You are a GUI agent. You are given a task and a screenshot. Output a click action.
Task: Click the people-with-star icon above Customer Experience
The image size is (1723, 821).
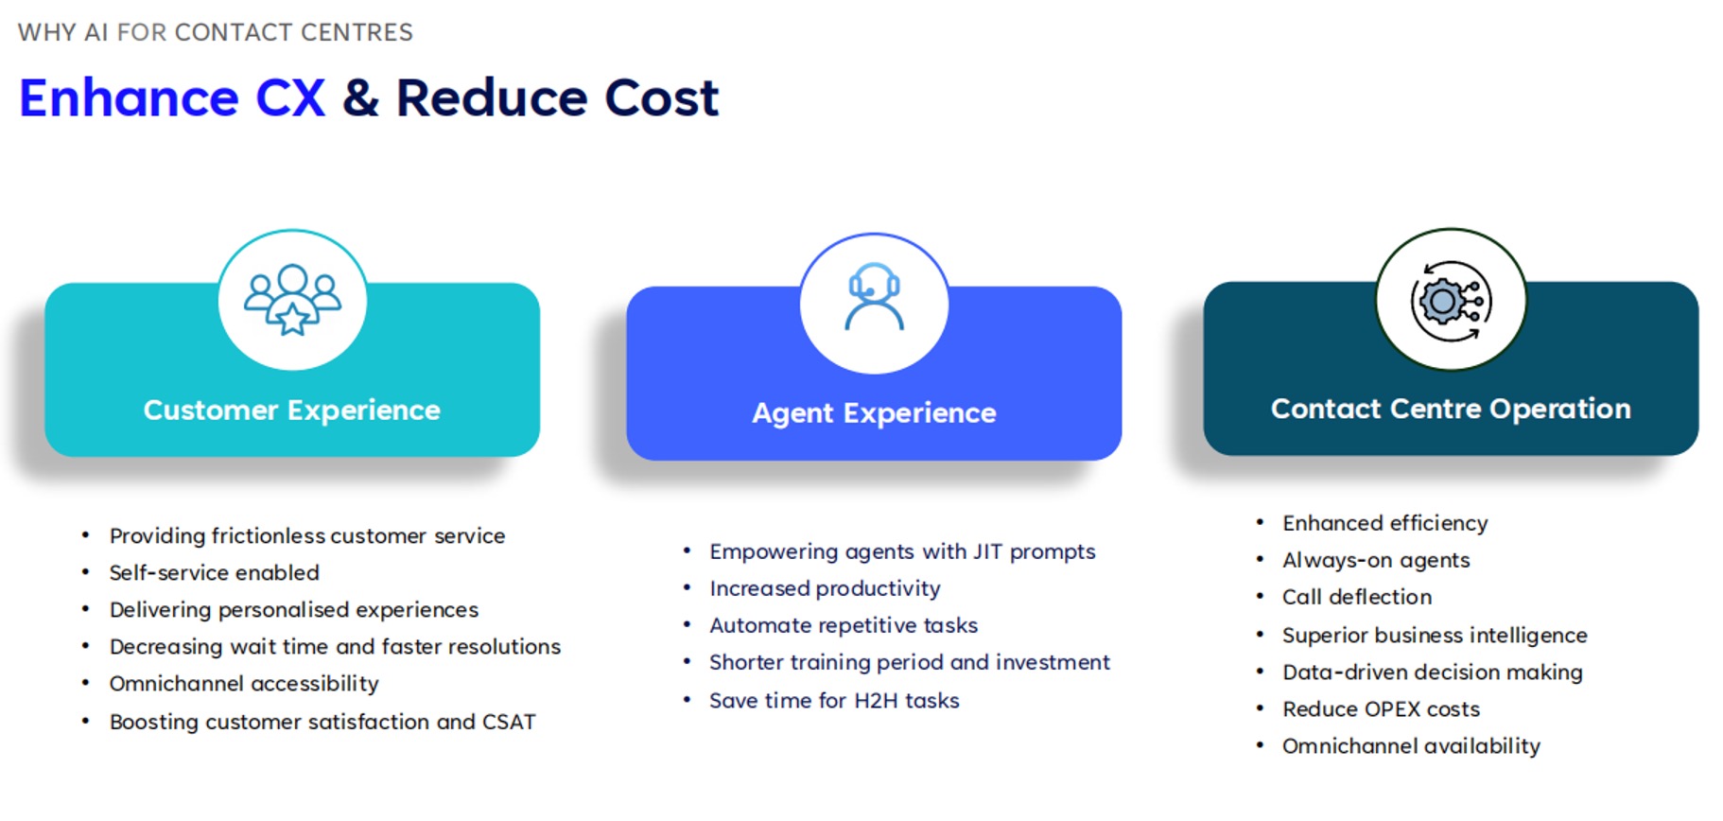292,299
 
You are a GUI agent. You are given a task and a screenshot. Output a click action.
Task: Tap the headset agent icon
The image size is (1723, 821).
874,296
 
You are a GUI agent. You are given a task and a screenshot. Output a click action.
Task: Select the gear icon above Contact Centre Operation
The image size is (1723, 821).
1451,301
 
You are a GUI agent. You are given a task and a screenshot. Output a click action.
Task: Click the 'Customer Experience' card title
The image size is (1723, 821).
291,410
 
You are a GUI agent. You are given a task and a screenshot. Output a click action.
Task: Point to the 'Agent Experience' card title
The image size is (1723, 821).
874,413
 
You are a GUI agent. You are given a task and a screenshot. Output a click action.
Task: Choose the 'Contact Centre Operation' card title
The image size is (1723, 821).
1451,409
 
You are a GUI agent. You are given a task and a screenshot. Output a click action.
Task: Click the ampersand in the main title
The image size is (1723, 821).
360,98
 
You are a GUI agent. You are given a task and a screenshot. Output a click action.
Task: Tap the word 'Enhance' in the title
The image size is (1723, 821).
130,98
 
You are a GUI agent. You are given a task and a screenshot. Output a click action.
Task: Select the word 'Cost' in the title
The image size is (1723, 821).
661,98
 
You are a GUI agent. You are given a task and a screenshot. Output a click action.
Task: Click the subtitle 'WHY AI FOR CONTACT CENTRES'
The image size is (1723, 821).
216,32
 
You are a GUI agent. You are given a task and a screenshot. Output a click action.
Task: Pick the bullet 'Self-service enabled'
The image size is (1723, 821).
215,572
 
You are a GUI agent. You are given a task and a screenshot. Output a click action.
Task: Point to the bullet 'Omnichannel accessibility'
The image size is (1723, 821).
244,684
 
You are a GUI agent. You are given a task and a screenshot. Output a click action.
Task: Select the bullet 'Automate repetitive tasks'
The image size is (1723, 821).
844,625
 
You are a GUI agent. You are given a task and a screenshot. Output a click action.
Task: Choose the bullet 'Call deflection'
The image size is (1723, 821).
1357,597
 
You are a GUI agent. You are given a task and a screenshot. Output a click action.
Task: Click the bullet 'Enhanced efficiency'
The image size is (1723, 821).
1385,523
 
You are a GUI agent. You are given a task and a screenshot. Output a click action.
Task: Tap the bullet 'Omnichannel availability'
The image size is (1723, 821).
1411,746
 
